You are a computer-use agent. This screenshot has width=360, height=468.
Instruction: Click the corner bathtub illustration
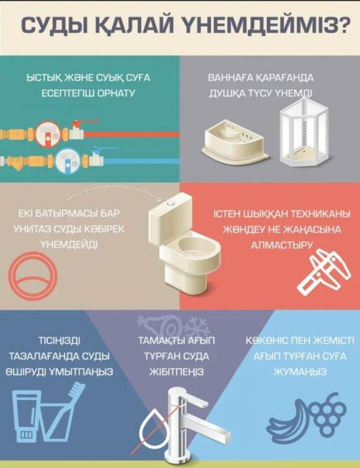(x=236, y=141)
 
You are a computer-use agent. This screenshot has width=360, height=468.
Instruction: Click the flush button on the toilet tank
(x=171, y=203)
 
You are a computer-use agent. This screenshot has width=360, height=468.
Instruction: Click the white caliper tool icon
(x=324, y=273)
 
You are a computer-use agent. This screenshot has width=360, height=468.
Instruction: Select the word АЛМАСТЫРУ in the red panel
(x=281, y=245)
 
